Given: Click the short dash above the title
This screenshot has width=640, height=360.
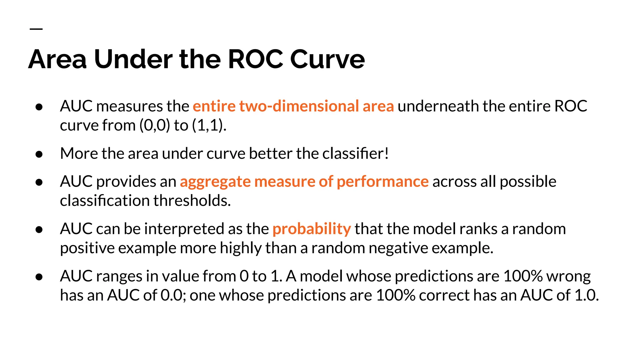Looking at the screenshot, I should coord(36,29).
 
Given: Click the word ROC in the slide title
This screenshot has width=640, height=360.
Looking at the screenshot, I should coord(256,59).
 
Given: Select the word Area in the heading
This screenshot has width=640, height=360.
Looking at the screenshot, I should coord(57,59).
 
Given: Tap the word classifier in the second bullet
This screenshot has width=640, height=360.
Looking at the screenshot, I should coord(352,153).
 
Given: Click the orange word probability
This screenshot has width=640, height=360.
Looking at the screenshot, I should coord(312,229).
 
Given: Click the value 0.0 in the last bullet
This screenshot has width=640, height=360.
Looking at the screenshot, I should coord(171,295).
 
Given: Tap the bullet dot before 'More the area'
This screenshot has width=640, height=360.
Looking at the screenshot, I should coord(39,154).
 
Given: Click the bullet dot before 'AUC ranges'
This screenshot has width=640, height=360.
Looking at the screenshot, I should coord(39,277).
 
